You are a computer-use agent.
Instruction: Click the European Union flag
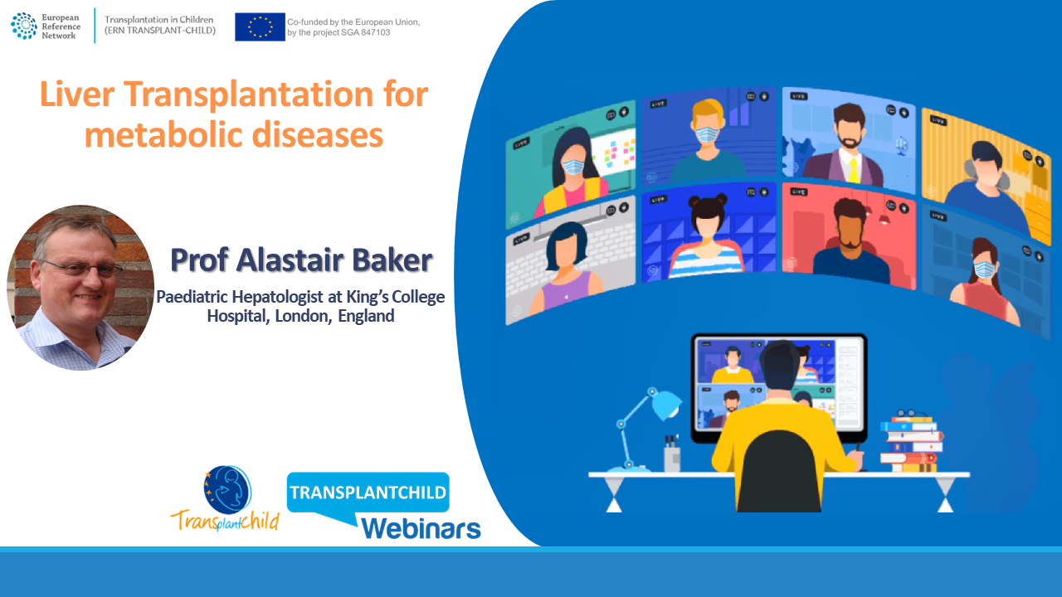click(260, 27)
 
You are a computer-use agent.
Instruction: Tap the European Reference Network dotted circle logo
click(24, 26)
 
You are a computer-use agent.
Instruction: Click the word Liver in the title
click(77, 95)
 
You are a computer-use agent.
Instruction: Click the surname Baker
click(392, 260)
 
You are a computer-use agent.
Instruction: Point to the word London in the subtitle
click(303, 316)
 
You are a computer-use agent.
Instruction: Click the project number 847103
click(374, 32)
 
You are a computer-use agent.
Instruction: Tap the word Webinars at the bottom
click(421, 528)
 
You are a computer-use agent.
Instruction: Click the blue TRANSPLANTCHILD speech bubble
click(368, 493)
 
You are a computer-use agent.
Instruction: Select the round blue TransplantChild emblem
click(227, 489)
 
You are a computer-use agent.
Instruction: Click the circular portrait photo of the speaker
click(80, 288)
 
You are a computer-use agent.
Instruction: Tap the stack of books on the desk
click(910, 444)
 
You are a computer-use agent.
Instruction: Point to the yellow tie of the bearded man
click(854, 170)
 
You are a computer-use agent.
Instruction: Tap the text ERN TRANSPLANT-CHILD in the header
click(160, 31)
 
